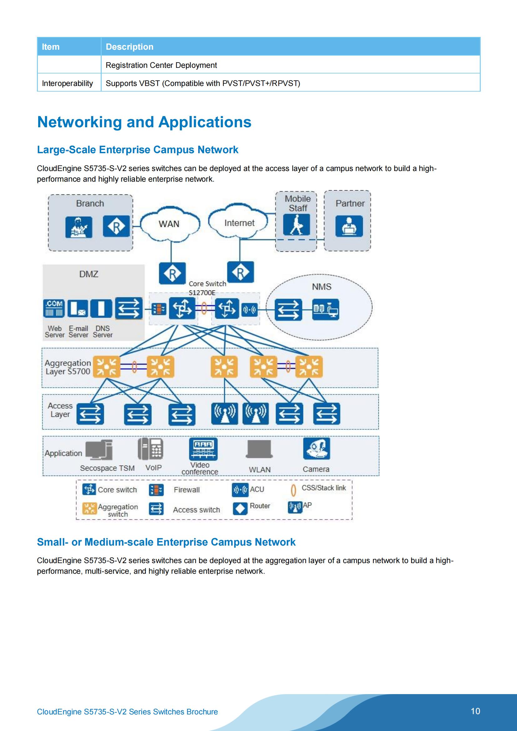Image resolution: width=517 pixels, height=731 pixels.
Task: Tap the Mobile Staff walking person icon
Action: [x=297, y=224]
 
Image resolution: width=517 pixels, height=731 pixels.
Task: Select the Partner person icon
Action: [x=349, y=226]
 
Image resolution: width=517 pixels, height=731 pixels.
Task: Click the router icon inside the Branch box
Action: [x=116, y=226]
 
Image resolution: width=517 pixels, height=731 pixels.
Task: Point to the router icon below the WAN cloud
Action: [x=172, y=273]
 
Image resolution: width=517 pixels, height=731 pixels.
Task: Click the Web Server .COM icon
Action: [x=54, y=308]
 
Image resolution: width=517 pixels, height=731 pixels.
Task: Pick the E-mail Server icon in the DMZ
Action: [x=78, y=308]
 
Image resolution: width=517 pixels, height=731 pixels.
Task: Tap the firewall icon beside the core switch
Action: [x=158, y=309]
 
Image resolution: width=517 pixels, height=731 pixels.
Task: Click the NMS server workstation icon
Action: [x=325, y=309]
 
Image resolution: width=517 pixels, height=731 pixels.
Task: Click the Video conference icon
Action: [x=203, y=449]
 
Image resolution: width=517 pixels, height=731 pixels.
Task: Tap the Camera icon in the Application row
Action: [x=316, y=448]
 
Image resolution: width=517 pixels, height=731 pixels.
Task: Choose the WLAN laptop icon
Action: [x=260, y=449]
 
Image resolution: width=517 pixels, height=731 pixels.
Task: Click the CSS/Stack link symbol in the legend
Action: [x=293, y=490]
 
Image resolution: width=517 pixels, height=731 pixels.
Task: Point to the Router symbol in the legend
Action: [x=240, y=508]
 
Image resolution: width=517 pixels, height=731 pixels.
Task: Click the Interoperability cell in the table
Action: [x=68, y=83]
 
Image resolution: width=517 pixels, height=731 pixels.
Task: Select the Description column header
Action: [x=130, y=47]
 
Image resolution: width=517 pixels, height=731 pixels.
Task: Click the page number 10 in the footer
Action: [x=475, y=711]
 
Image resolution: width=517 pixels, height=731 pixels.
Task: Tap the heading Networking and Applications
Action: [x=144, y=122]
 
